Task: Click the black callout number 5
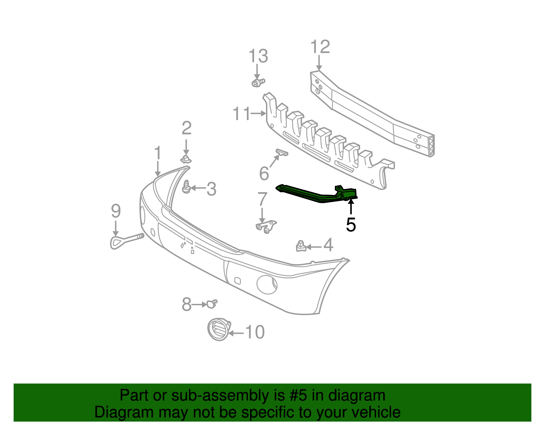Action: (351, 225)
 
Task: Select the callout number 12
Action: (320, 47)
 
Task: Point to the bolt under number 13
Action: (258, 82)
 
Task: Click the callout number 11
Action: (242, 114)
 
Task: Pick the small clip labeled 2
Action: (186, 159)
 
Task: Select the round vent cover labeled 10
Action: (218, 329)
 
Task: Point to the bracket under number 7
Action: (266, 226)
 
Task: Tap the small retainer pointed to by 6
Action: (282, 152)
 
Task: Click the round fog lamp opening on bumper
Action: (267, 284)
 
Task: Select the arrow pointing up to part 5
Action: (351, 207)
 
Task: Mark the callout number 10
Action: (255, 332)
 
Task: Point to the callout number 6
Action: (264, 174)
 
